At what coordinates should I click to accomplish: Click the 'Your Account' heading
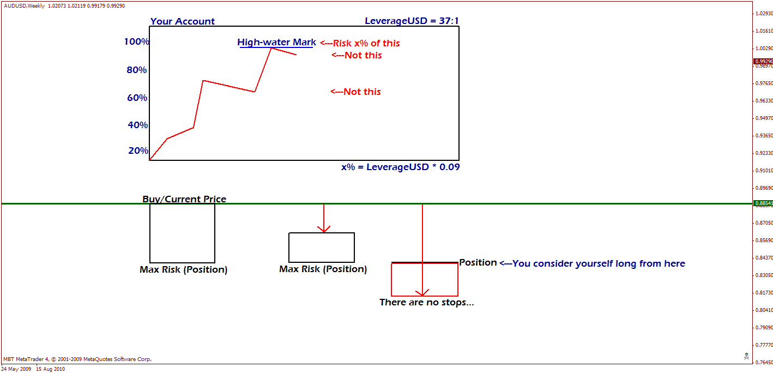click(182, 21)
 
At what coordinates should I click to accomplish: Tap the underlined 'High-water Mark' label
click(276, 42)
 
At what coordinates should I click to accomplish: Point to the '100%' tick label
click(136, 41)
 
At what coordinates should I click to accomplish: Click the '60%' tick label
click(137, 98)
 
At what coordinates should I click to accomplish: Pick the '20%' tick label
click(137, 151)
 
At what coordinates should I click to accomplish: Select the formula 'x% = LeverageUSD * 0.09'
click(400, 167)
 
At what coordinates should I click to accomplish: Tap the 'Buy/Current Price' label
click(184, 199)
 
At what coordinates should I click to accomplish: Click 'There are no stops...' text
click(426, 302)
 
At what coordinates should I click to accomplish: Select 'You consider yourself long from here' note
click(592, 263)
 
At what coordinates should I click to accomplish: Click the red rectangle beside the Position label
click(424, 280)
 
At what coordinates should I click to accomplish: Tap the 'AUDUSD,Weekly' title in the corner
click(23, 5)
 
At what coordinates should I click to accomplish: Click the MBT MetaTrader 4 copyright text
click(77, 359)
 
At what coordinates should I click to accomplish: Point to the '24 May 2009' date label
click(17, 369)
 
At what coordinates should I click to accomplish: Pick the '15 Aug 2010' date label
click(50, 369)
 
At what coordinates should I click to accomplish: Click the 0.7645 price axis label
click(763, 362)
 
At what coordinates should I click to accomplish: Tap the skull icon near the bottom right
click(746, 356)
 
